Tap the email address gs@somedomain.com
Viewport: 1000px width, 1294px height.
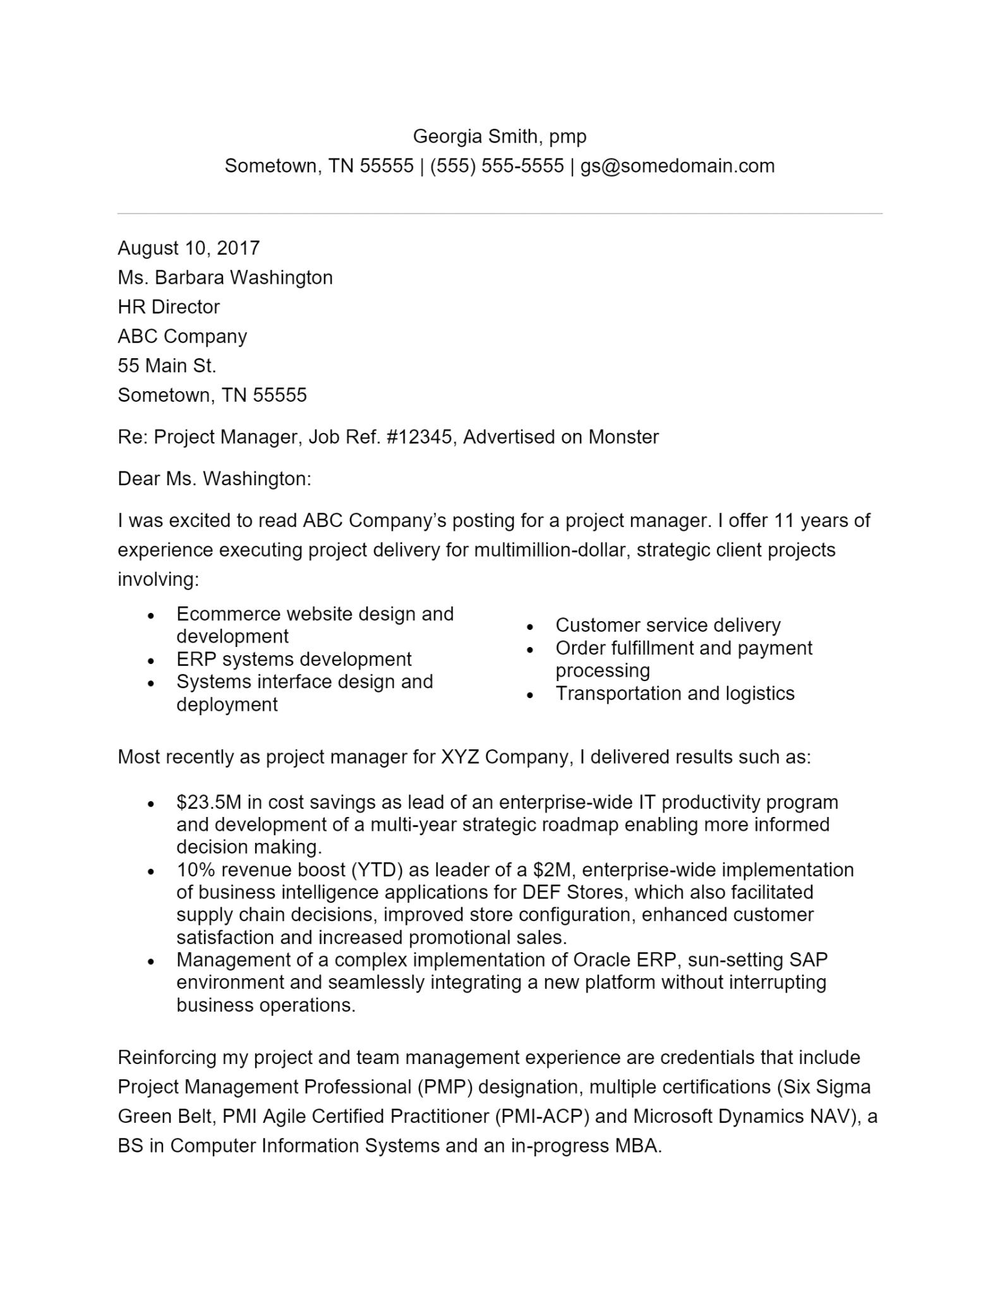(677, 166)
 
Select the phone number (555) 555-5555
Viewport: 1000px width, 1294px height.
(497, 166)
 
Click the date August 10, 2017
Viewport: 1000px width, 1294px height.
(188, 248)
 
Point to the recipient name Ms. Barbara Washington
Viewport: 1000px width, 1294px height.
(225, 277)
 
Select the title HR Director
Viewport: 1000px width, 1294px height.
(169, 307)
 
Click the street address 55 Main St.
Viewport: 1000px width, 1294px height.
(167, 366)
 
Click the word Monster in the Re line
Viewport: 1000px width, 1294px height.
(623, 437)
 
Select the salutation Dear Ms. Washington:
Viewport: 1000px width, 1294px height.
(214, 479)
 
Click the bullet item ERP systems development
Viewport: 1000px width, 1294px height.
(294, 660)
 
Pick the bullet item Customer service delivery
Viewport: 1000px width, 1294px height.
(668, 626)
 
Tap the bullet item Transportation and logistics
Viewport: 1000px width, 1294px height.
(675, 694)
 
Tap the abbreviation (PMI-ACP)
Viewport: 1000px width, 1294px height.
(541, 1116)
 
